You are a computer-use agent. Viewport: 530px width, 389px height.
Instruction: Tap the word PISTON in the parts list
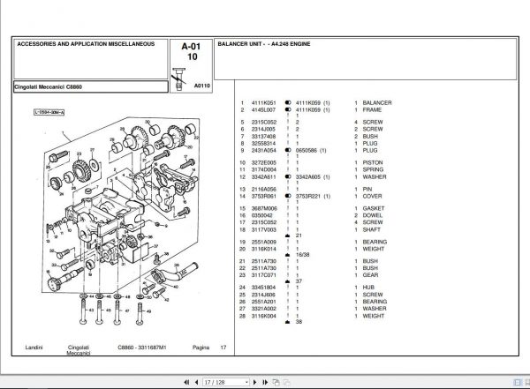point(374,162)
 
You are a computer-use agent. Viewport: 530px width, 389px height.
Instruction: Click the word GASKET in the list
point(375,208)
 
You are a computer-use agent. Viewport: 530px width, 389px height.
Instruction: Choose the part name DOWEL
point(374,214)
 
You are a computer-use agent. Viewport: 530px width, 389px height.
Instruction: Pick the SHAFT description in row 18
point(373,228)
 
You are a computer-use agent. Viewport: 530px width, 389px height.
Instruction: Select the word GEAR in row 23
point(371,274)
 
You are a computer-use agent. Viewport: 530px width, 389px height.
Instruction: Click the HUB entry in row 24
point(369,288)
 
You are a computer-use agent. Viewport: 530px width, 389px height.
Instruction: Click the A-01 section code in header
point(190,46)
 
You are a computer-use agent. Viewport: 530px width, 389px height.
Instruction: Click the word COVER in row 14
point(373,195)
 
